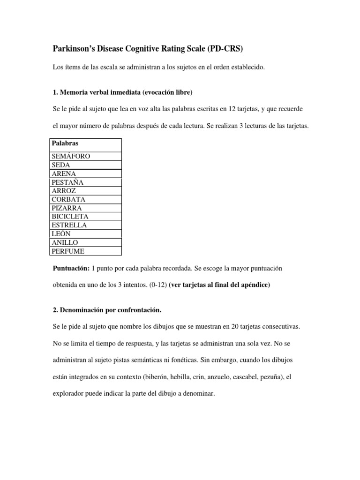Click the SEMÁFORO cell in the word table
[x=71, y=157]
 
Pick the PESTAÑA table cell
[x=68, y=182]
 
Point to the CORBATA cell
[x=69, y=199]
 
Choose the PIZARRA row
[x=67, y=208]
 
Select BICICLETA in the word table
[x=70, y=217]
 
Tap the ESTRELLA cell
[x=69, y=225]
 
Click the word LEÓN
[x=62, y=233]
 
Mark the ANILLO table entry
[x=65, y=242]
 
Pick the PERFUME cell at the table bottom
[x=68, y=251]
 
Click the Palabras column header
[x=65, y=143]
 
